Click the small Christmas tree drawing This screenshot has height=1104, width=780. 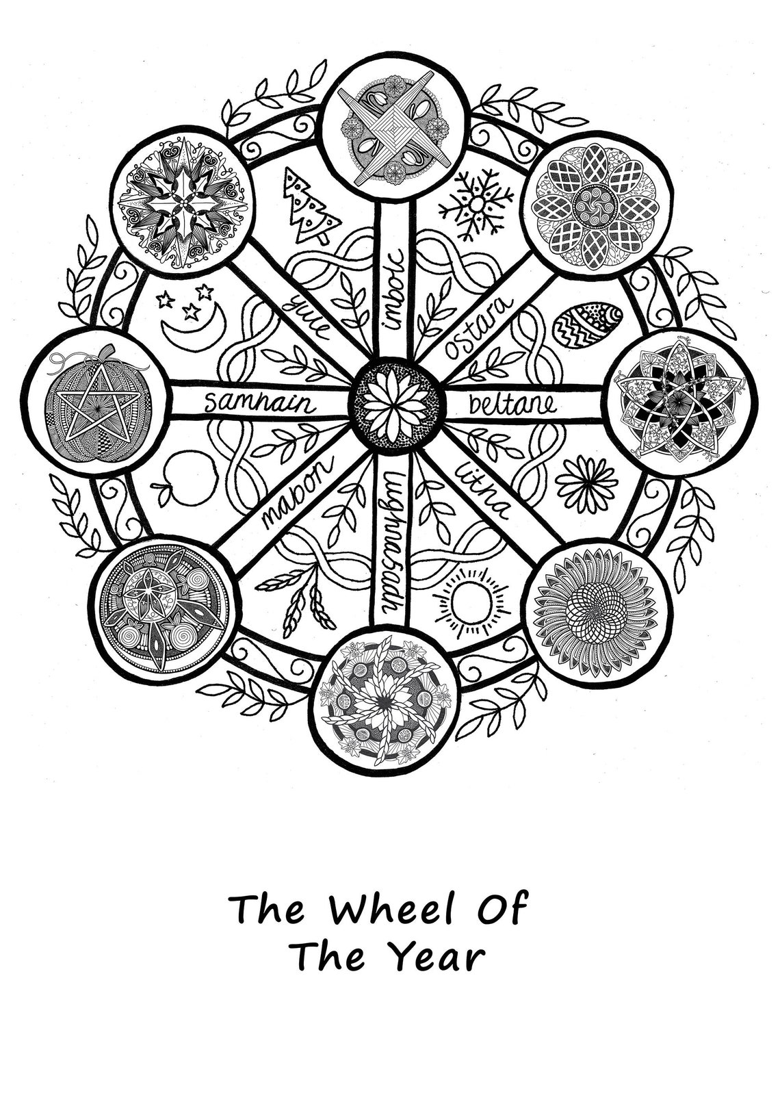pyautogui.click(x=311, y=209)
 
